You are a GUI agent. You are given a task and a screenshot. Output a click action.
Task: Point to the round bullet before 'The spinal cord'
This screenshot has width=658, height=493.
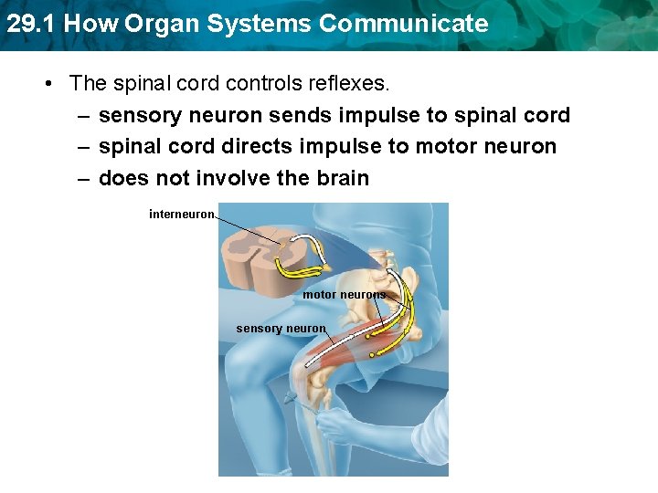click(x=48, y=84)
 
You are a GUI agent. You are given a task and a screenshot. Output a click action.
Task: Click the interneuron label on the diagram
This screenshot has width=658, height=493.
click(x=182, y=215)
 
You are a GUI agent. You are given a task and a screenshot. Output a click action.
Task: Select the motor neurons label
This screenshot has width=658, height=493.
click(x=344, y=295)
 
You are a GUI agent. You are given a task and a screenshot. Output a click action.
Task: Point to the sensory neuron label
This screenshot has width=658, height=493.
click(x=280, y=329)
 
